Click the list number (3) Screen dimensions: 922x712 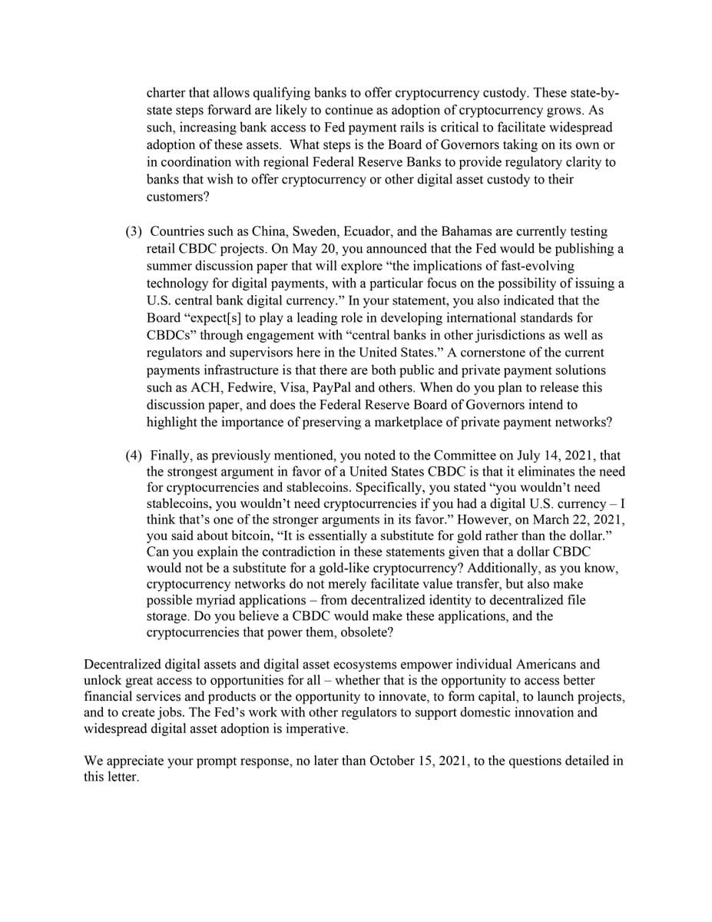(134, 231)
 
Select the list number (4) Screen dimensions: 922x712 (134, 455)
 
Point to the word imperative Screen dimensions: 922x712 (317, 728)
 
